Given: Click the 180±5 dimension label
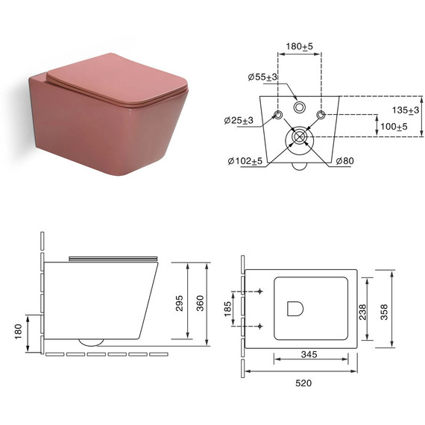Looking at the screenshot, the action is pyautogui.click(x=299, y=47).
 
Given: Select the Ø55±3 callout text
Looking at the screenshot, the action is pyautogui.click(x=262, y=77).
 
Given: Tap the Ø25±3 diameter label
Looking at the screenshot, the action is pyautogui.click(x=239, y=120).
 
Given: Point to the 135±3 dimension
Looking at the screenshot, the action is pyautogui.click(x=406, y=110).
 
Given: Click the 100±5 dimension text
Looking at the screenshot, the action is pyautogui.click(x=394, y=126).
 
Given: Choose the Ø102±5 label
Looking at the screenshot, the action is pyautogui.click(x=245, y=161).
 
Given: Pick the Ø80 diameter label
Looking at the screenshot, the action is pyautogui.click(x=344, y=161).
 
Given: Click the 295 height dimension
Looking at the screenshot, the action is pyautogui.click(x=179, y=303).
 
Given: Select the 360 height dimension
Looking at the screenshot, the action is pyautogui.click(x=200, y=303).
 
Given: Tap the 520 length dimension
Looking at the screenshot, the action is pyautogui.click(x=303, y=383).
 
